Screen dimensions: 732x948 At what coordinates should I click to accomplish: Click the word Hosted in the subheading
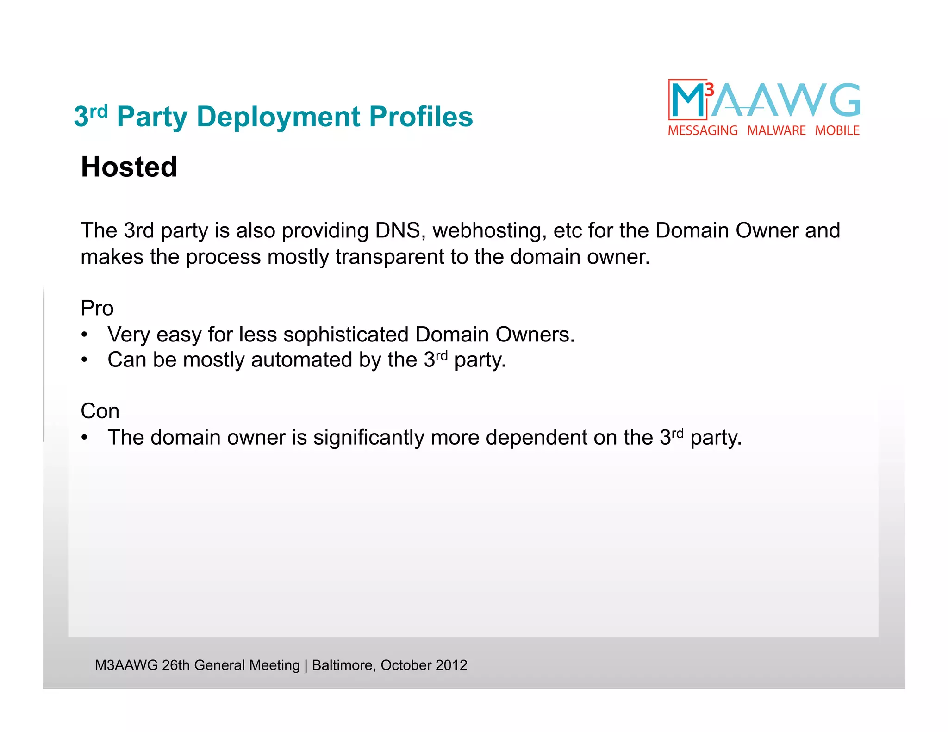(129, 167)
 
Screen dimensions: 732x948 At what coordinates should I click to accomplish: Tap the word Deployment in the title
(278, 117)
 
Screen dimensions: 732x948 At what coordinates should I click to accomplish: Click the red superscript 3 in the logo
(709, 89)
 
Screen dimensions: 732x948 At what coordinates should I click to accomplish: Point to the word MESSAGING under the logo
(703, 131)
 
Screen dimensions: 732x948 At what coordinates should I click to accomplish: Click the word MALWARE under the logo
(776, 131)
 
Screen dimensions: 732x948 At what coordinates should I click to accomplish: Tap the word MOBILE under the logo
(837, 131)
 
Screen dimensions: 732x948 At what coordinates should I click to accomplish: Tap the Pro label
(97, 308)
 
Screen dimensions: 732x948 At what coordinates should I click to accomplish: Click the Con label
(100, 411)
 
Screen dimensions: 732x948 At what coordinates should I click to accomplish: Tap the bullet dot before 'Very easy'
(84, 335)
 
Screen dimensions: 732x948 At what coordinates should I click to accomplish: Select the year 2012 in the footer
(451, 665)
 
